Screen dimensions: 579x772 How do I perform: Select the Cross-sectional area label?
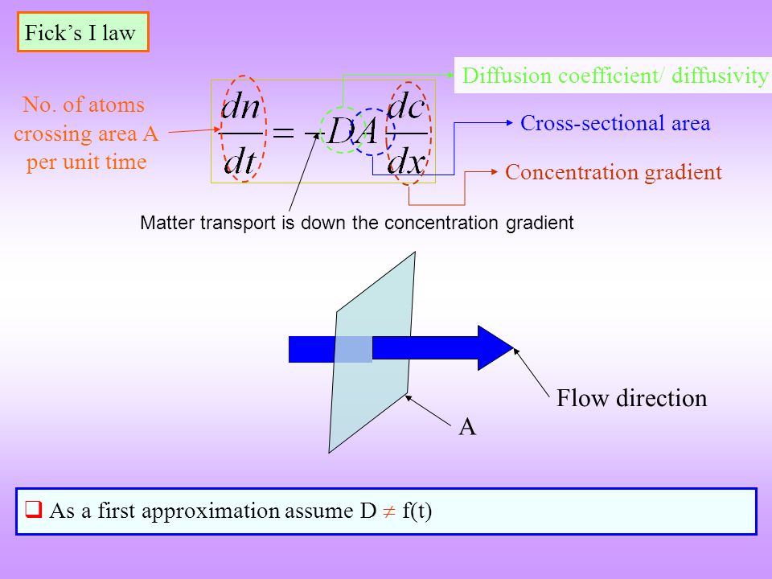[x=615, y=123]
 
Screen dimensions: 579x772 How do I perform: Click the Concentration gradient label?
[x=613, y=172]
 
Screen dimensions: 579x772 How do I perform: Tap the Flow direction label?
[x=631, y=398]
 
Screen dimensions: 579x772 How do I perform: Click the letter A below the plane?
[x=467, y=428]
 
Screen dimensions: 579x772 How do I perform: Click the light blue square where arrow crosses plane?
[x=353, y=349]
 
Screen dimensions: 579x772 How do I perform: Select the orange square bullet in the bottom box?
[x=34, y=510]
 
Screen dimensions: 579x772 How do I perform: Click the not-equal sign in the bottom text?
[x=387, y=511]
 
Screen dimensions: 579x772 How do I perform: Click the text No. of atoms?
[x=84, y=105]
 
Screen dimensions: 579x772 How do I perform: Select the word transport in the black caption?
[x=237, y=224]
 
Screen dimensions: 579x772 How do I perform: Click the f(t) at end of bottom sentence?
[x=416, y=511]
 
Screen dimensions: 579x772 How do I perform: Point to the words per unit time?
[x=86, y=162]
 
